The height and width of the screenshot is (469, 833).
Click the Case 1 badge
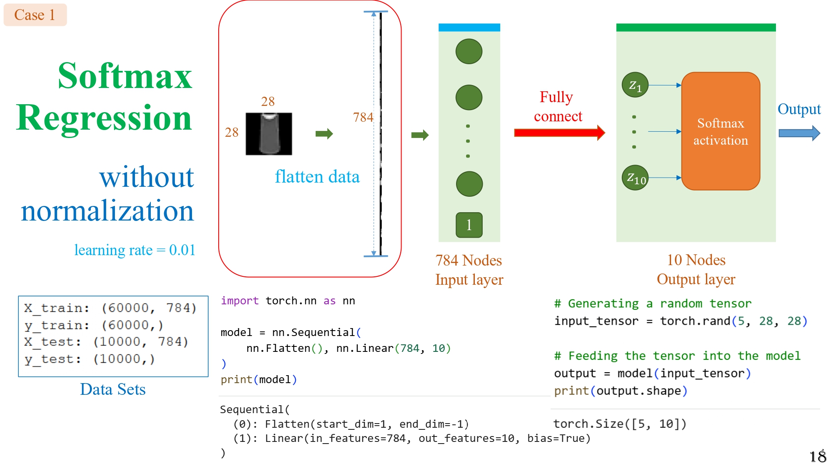pos(35,15)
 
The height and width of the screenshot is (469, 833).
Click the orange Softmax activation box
pos(721,131)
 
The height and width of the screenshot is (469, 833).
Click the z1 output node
pos(635,85)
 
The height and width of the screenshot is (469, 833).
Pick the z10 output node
pos(635,178)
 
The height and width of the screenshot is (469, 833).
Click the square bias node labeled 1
pos(469,225)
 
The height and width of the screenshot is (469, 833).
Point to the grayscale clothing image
pos(269,134)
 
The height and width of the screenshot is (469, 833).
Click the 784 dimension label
pos(363,118)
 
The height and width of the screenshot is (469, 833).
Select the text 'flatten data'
pos(317,177)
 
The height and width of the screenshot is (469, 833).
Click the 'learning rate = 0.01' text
pos(135,250)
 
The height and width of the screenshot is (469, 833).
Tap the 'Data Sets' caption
pos(113,389)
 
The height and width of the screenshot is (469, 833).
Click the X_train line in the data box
pos(110,308)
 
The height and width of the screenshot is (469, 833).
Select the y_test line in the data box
pos(90,359)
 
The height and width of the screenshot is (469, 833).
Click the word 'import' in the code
pos(239,301)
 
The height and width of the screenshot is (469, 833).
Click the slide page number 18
pos(818,456)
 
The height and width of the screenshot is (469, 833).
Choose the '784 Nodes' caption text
pos(469,261)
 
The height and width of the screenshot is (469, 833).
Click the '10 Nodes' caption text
pos(696,260)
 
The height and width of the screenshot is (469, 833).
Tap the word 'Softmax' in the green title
pos(125,76)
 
